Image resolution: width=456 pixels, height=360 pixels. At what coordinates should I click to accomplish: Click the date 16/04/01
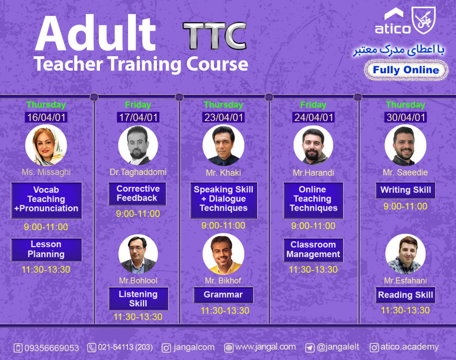click(46, 117)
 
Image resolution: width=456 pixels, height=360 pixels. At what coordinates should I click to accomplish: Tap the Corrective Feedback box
click(137, 194)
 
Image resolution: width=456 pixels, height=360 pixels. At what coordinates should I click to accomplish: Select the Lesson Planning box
click(46, 249)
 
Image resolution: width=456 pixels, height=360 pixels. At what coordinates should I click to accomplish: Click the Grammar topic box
click(223, 295)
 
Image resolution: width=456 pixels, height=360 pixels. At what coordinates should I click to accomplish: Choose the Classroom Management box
click(313, 250)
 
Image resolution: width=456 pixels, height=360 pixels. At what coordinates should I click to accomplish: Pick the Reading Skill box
click(405, 295)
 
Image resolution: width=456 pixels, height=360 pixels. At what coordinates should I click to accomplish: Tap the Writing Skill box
click(405, 190)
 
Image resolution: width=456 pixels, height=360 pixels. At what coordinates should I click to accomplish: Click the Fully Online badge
click(406, 70)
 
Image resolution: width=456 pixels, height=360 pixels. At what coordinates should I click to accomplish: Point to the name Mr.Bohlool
click(138, 281)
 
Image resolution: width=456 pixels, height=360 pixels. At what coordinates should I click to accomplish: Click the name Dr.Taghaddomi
click(138, 172)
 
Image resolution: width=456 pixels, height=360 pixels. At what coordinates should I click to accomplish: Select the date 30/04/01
click(405, 117)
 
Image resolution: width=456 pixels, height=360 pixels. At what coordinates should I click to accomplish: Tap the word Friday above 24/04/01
click(313, 105)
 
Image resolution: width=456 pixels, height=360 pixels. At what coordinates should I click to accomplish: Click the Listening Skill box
click(138, 299)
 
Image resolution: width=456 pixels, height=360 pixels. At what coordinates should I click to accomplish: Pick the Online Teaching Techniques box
click(313, 199)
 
